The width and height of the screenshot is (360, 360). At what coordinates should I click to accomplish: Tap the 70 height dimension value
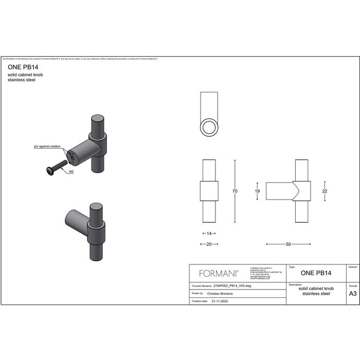[235, 191]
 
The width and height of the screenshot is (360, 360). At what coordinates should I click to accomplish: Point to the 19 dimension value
[257, 191]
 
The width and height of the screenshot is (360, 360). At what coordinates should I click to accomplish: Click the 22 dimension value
[325, 191]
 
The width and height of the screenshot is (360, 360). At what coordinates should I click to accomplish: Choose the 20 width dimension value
[209, 244]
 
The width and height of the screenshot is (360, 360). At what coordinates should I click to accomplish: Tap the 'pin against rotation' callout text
[47, 147]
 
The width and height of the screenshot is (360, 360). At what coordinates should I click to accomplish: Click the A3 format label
[353, 294]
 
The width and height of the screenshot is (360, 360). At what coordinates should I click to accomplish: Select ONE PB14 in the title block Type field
[315, 273]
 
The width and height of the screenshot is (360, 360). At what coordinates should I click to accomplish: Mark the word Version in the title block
[353, 267]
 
